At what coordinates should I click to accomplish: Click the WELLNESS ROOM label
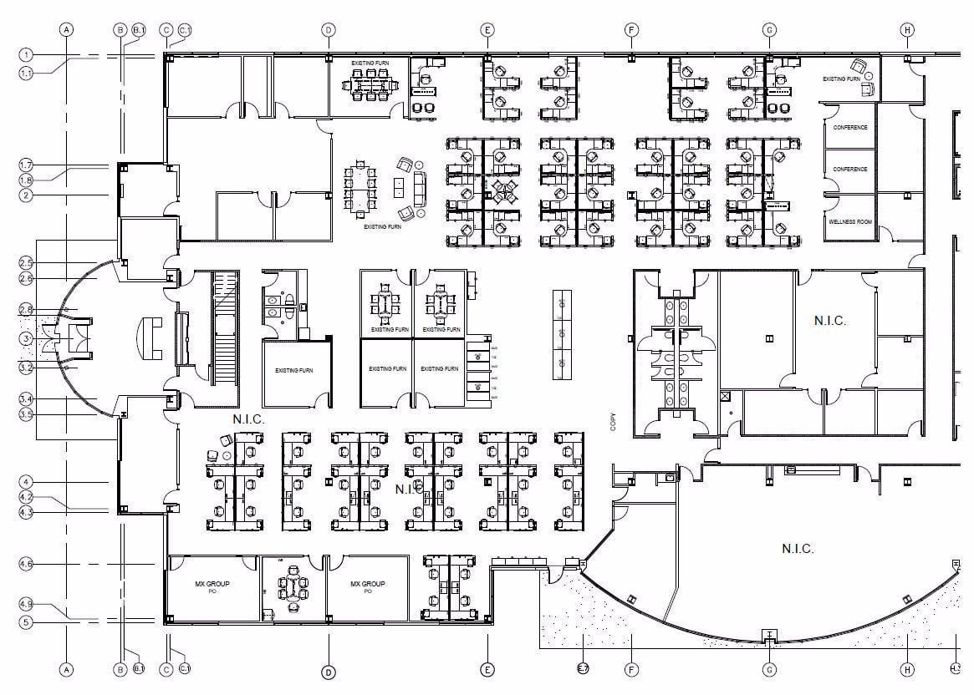tap(850, 222)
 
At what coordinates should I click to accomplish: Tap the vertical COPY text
tap(613, 421)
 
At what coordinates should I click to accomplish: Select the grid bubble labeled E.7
tap(583, 669)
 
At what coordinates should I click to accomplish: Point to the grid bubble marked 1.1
tap(27, 73)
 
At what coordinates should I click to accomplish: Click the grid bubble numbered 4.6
tap(27, 565)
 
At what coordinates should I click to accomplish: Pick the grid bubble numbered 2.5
tap(27, 263)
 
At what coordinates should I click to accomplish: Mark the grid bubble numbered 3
tap(27, 338)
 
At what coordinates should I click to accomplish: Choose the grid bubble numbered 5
tap(27, 621)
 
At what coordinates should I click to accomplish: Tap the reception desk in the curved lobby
tap(153, 337)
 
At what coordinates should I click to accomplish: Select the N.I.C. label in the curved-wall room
tap(798, 549)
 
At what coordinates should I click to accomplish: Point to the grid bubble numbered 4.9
tap(27, 603)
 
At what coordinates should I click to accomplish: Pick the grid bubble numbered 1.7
tap(27, 165)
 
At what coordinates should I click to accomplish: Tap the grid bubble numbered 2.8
tap(27, 310)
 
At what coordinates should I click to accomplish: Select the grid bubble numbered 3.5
tap(27, 413)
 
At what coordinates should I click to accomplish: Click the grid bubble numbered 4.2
tap(27, 497)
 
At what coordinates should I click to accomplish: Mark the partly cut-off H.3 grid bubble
tap(957, 669)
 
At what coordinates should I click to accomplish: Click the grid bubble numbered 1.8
tap(27, 180)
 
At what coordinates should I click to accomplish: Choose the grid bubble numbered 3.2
tap(27, 367)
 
